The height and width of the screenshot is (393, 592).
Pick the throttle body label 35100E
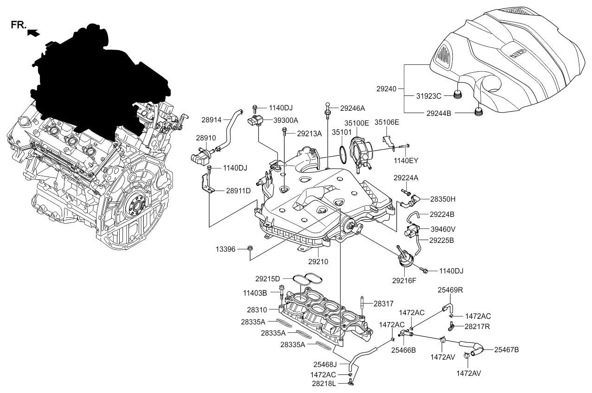click(356, 124)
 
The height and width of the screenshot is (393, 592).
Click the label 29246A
click(352, 108)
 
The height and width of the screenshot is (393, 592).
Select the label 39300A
click(286, 120)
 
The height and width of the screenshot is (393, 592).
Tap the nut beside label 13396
click(250, 249)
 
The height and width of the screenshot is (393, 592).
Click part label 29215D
click(267, 279)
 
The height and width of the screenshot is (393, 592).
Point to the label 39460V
click(443, 229)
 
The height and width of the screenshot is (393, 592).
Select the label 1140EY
click(407, 160)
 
